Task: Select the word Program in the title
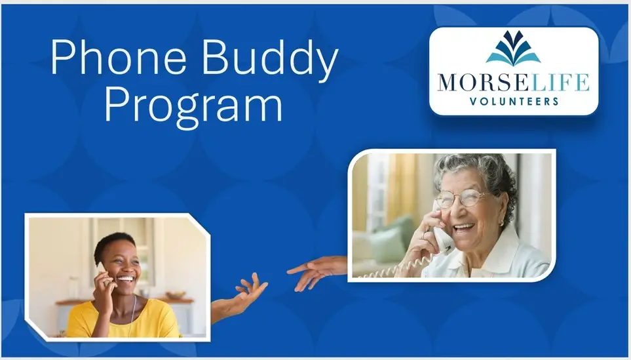click(193, 106)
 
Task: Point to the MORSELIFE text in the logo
click(514, 82)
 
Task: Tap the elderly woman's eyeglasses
click(464, 198)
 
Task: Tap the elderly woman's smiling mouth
click(465, 228)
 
